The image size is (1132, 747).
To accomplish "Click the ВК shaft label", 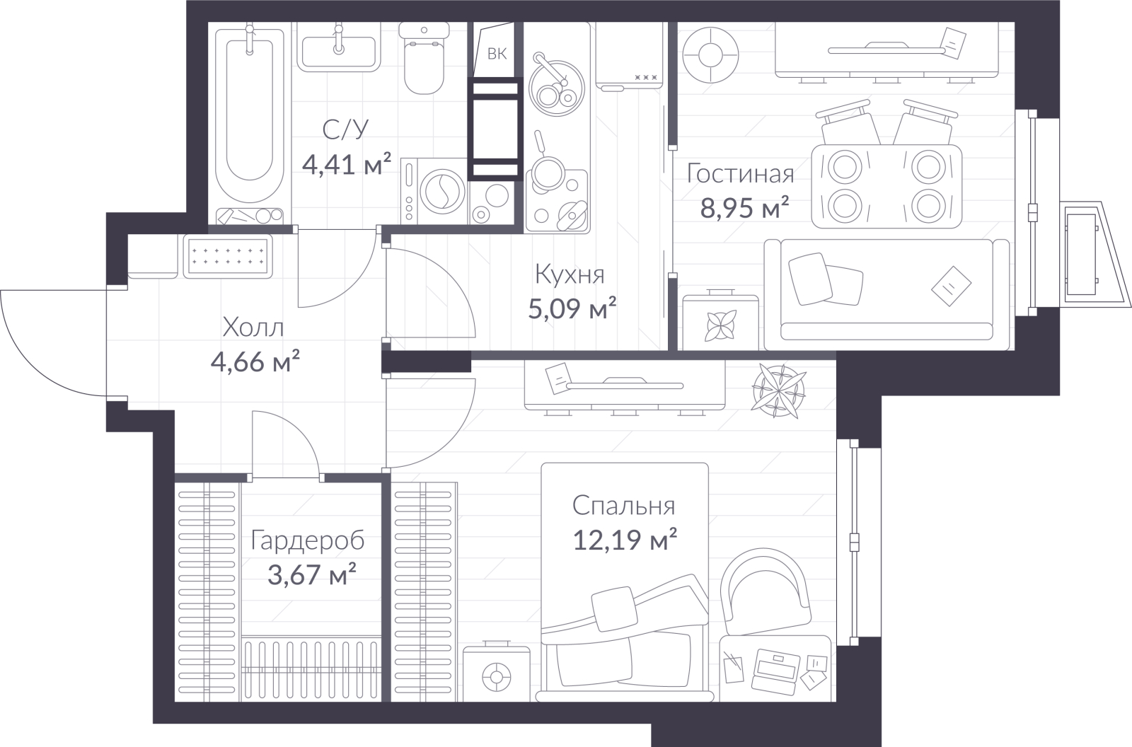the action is [497, 54].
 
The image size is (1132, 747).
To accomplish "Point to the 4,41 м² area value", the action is [347, 163].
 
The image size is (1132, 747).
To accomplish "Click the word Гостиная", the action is [740, 173].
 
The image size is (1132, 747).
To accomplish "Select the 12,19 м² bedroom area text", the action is [625, 539].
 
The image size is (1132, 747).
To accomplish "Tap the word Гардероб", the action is [308, 540].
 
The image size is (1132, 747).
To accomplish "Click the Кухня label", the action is [570, 274].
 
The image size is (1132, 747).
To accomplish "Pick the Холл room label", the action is [253, 328].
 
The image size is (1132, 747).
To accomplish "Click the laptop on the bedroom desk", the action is [775, 670].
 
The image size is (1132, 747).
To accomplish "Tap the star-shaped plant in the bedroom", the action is [778, 391].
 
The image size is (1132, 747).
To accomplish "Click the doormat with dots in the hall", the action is [227, 256].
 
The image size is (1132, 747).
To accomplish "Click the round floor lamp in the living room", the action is [710, 54].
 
